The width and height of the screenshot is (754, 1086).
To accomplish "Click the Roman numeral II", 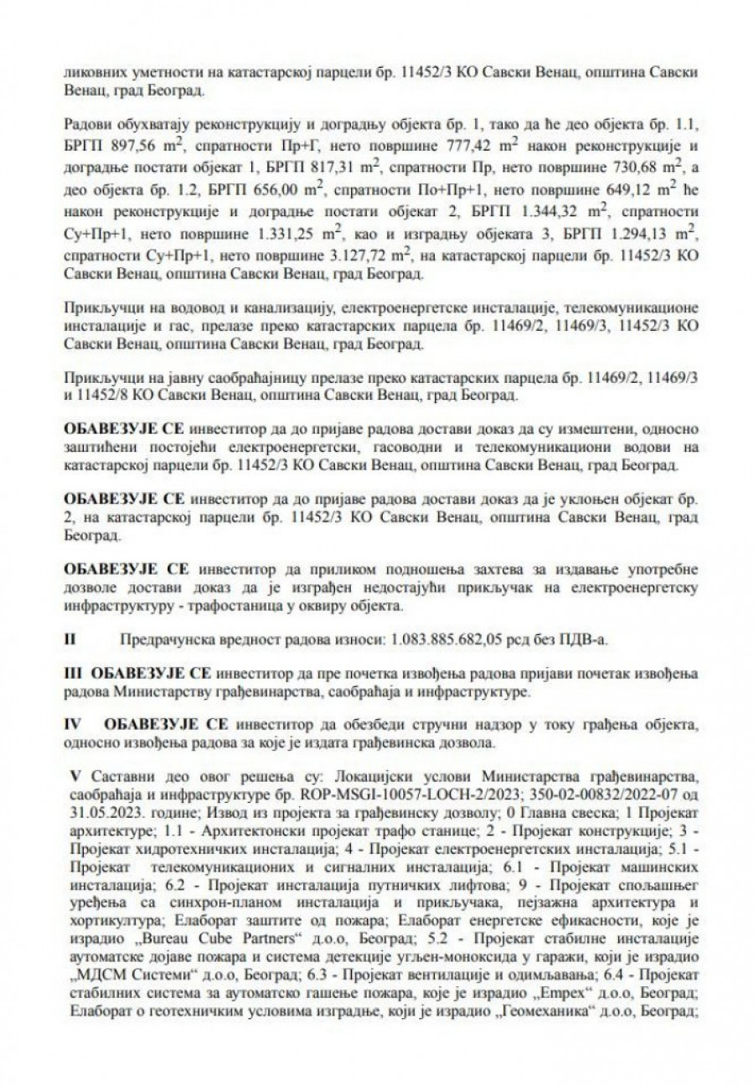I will (70, 639).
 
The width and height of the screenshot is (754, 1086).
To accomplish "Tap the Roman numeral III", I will (73, 674).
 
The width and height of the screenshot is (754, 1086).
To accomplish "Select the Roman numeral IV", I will (73, 722).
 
